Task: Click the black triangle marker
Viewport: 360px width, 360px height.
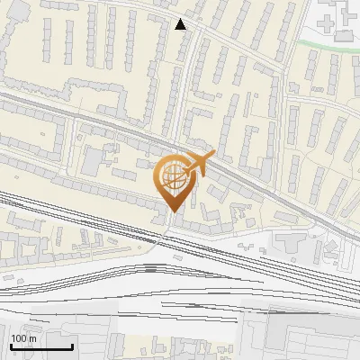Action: (x=181, y=24)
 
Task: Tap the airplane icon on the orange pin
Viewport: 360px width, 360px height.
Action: (x=195, y=166)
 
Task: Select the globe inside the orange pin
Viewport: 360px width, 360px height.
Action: (x=172, y=176)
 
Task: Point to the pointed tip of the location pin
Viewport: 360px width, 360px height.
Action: (x=172, y=212)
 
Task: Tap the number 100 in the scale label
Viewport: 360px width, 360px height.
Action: (x=18, y=338)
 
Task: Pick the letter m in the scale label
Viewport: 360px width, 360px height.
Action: (x=31, y=338)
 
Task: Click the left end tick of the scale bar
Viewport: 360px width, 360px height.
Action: (x=11, y=345)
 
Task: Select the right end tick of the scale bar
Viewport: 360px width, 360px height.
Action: (x=72, y=345)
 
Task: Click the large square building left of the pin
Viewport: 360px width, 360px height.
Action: (x=92, y=161)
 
